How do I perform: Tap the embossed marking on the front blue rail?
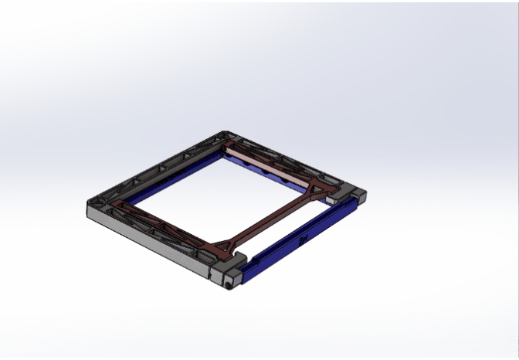click(302, 238)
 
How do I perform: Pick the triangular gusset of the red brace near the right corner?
click(319, 190)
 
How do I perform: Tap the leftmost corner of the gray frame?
click(89, 204)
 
